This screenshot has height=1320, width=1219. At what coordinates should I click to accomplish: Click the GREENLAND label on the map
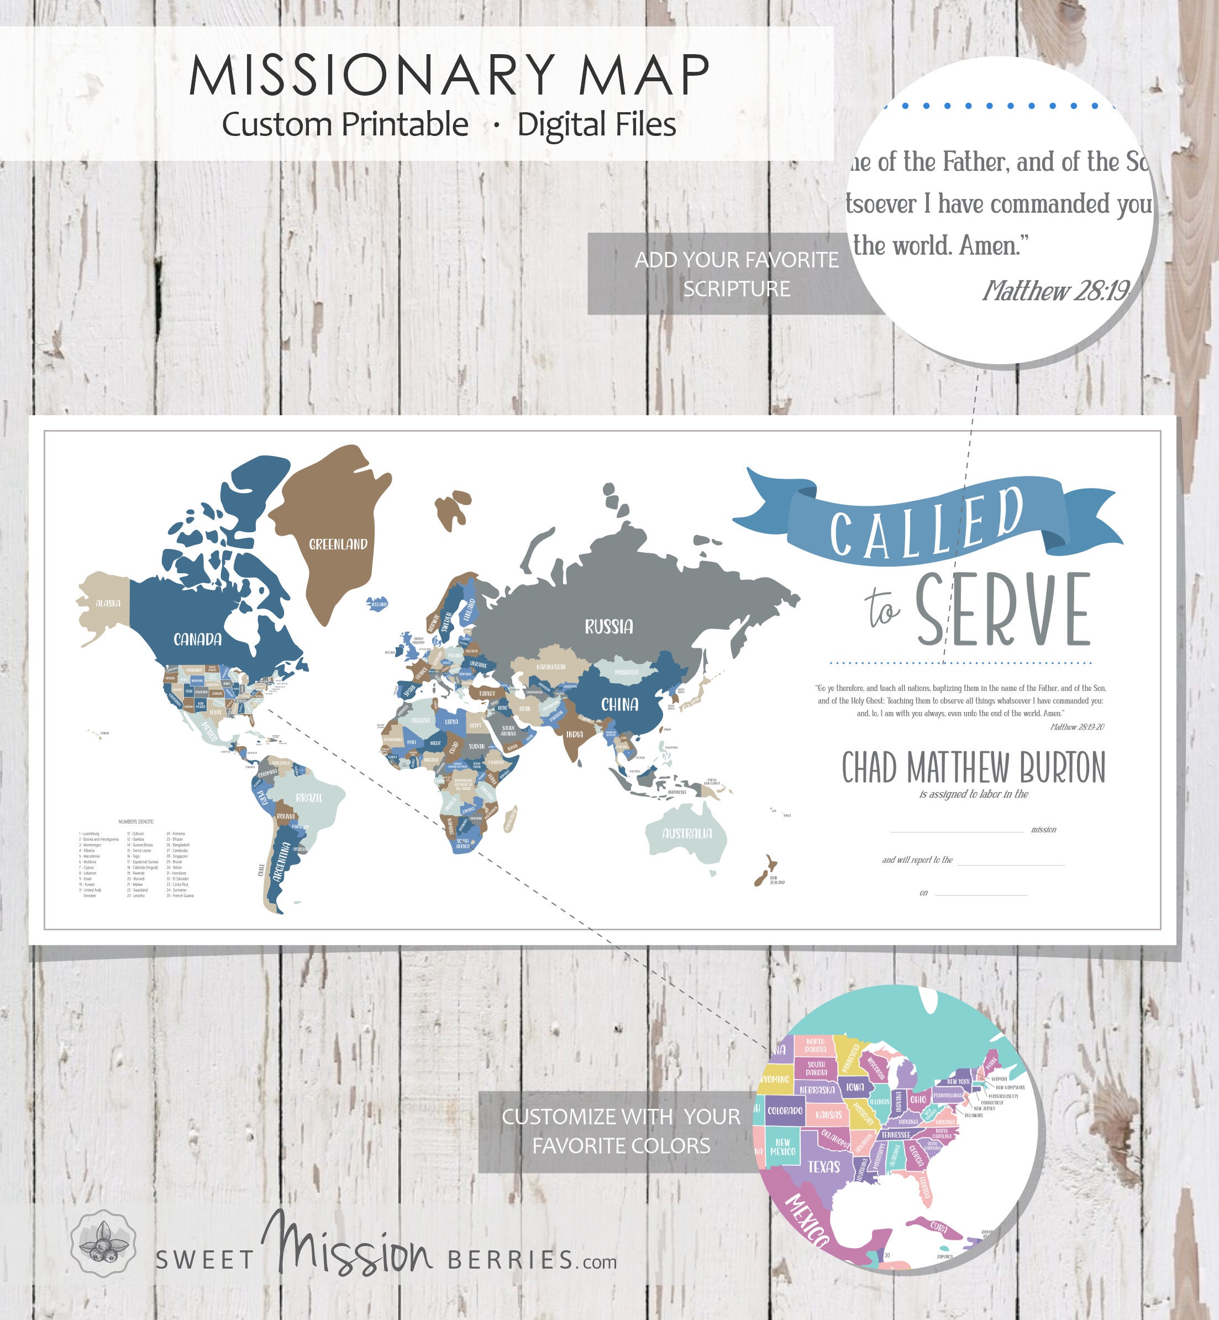pyautogui.click(x=338, y=544)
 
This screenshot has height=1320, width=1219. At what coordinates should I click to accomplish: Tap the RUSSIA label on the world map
pyautogui.click(x=608, y=626)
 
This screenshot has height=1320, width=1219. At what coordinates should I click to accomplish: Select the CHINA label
pyautogui.click(x=619, y=705)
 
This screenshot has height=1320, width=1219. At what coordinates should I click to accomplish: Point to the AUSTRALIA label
pyautogui.click(x=687, y=834)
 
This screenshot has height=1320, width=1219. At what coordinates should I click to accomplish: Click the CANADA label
pyautogui.click(x=197, y=638)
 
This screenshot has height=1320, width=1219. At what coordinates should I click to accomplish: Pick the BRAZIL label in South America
pyautogui.click(x=309, y=798)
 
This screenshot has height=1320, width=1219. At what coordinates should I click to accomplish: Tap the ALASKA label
pyautogui.click(x=108, y=603)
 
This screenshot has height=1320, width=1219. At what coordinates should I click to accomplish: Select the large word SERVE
pyautogui.click(x=1002, y=610)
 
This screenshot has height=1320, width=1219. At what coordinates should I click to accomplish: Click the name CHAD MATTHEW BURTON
pyautogui.click(x=973, y=768)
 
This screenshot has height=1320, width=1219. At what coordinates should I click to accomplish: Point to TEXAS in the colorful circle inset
pyautogui.click(x=824, y=1167)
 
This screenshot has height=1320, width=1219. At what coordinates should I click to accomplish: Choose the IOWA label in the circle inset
pyautogui.click(x=855, y=1087)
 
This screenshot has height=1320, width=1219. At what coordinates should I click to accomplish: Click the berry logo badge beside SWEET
pyautogui.click(x=103, y=1244)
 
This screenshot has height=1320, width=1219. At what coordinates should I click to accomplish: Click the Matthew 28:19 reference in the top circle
pyautogui.click(x=1056, y=291)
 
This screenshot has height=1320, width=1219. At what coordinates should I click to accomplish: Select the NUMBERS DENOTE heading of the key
pyautogui.click(x=136, y=822)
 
